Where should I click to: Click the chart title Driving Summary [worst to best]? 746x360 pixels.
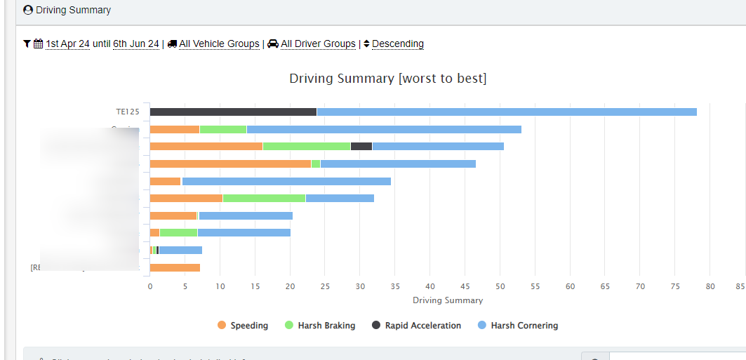(387, 79)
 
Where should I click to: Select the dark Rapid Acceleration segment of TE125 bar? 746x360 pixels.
(233, 112)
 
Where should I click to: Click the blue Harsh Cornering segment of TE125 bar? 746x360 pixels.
(506, 112)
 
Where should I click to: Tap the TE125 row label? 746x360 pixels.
(128, 112)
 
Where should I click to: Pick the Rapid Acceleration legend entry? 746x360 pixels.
(416, 326)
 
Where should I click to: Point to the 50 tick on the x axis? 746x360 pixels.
(500, 286)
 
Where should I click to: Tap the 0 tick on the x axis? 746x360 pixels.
(149, 286)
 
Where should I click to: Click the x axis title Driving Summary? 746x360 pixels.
(448, 300)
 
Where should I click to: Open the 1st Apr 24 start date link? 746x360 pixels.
(67, 44)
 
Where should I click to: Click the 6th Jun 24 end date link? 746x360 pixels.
(136, 44)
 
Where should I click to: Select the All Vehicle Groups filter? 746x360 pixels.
(219, 44)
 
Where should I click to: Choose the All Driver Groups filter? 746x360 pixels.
(318, 44)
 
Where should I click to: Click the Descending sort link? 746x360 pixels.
(397, 44)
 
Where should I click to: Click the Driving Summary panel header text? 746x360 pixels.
(73, 11)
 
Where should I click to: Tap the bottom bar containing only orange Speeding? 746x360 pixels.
(175, 267)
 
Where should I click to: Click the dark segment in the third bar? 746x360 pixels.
(361, 146)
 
